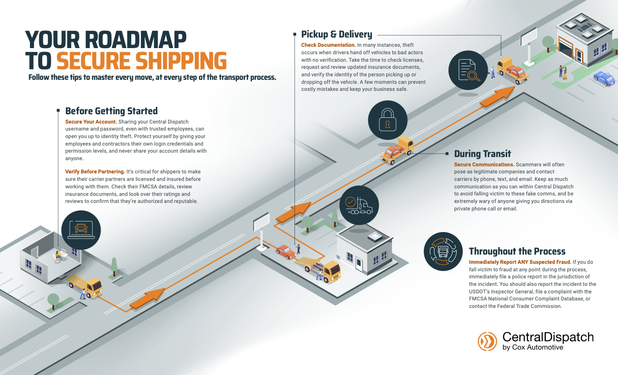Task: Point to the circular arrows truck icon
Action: click(x=443, y=252)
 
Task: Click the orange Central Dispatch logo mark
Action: click(x=487, y=341)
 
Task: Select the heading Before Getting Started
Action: click(x=111, y=111)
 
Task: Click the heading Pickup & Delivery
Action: click(x=336, y=34)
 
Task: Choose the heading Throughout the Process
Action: click(x=517, y=251)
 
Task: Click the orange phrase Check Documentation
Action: click(x=328, y=45)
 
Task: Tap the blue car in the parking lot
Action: click(x=604, y=79)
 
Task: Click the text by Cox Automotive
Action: click(x=532, y=347)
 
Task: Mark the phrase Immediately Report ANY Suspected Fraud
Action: click(x=520, y=262)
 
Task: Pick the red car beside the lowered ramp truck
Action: click(x=286, y=252)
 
